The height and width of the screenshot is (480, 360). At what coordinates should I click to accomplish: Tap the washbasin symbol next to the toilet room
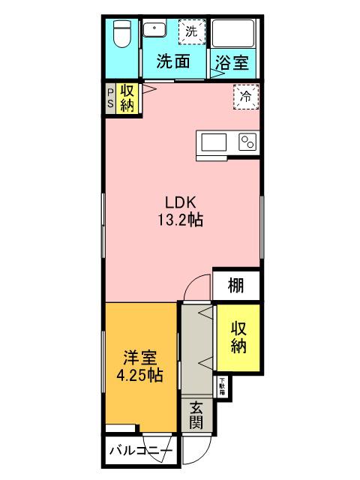(x=154, y=31)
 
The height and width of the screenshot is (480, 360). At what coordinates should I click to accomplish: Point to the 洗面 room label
(x=172, y=63)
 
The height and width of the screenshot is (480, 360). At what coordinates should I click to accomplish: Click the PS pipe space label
(x=109, y=97)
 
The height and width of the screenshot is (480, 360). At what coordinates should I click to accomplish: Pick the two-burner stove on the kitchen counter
(x=247, y=142)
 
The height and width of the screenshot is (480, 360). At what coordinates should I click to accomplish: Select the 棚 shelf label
(x=236, y=286)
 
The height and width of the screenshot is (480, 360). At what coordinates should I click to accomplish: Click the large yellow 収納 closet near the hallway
(x=238, y=337)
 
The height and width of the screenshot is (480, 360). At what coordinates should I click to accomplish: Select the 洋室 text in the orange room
(x=140, y=355)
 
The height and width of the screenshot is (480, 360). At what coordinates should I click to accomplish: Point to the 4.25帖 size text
(x=140, y=373)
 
